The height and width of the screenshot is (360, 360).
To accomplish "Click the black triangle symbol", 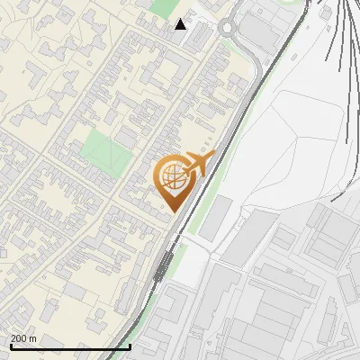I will [x=181, y=24].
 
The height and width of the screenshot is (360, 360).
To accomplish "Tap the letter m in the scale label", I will [x=33, y=338].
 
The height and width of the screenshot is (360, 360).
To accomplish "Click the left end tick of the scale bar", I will [x=9, y=346].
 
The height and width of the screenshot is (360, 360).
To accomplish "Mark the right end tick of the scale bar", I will [x=130, y=346].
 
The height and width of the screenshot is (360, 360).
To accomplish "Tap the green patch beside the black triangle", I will [x=165, y=6].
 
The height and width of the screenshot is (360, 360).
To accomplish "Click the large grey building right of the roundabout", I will [x=260, y=32].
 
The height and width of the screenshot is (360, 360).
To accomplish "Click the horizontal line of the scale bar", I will [x=70, y=346].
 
